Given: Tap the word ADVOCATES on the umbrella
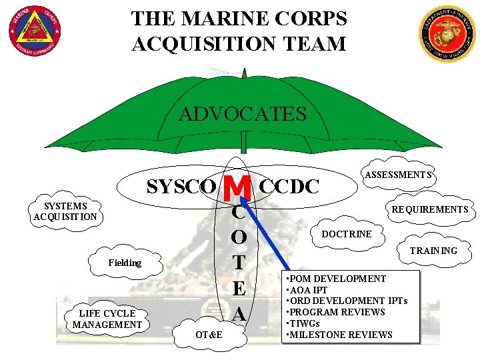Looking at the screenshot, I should [243, 114].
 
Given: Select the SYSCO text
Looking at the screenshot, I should [181, 187].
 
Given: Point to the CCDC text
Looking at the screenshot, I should [289, 187].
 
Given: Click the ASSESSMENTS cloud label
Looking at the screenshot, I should [397, 175].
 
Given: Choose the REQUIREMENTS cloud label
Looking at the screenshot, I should [429, 209].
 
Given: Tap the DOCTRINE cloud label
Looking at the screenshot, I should [347, 234].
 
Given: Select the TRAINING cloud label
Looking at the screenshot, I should [433, 251].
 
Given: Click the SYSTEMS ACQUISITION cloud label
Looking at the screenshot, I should [65, 211].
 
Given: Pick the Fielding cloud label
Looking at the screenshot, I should [125, 263].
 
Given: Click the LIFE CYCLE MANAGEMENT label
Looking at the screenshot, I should [107, 319].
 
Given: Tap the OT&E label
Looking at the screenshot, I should [209, 333].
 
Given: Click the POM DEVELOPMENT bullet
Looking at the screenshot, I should [337, 279].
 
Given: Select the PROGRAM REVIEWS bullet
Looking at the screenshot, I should [337, 312].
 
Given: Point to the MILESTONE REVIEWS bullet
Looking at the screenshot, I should [340, 335].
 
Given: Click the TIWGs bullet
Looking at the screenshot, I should [304, 323].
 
